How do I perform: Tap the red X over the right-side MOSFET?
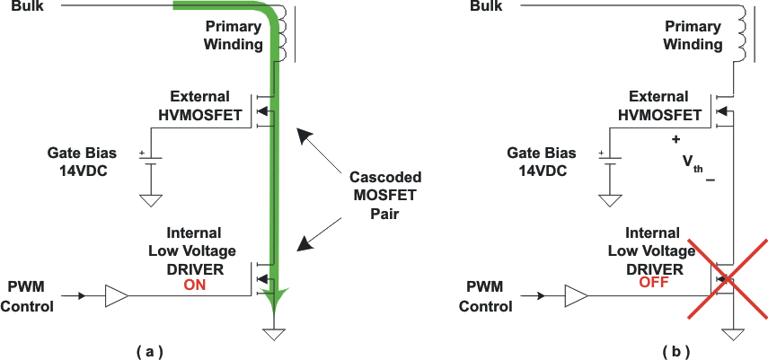point(728,279)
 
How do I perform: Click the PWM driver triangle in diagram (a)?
point(117,294)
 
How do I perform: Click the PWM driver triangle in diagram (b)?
point(576,294)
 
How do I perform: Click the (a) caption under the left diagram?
point(149,350)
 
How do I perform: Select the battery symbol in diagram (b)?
point(611,159)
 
